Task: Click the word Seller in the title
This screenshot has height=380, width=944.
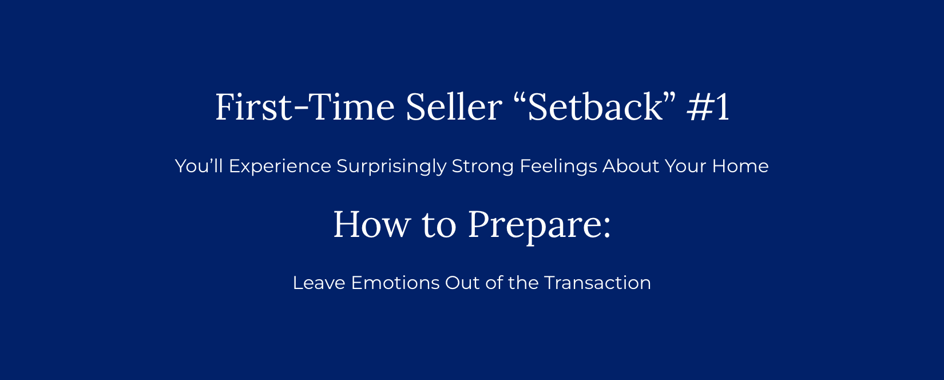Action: (454, 107)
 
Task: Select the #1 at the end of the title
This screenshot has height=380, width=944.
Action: (708, 107)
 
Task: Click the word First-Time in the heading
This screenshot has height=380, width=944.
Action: (305, 107)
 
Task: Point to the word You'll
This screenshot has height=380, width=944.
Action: (199, 166)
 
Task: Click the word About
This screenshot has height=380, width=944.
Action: (631, 166)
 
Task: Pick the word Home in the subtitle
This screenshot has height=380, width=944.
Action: (740, 166)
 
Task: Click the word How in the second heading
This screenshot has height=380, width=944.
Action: (372, 224)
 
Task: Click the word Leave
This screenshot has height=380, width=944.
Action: (319, 283)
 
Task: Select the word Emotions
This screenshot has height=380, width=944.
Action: (395, 283)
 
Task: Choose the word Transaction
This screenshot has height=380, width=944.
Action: (598, 283)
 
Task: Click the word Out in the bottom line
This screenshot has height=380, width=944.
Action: (462, 283)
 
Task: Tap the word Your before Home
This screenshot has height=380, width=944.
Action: (685, 166)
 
